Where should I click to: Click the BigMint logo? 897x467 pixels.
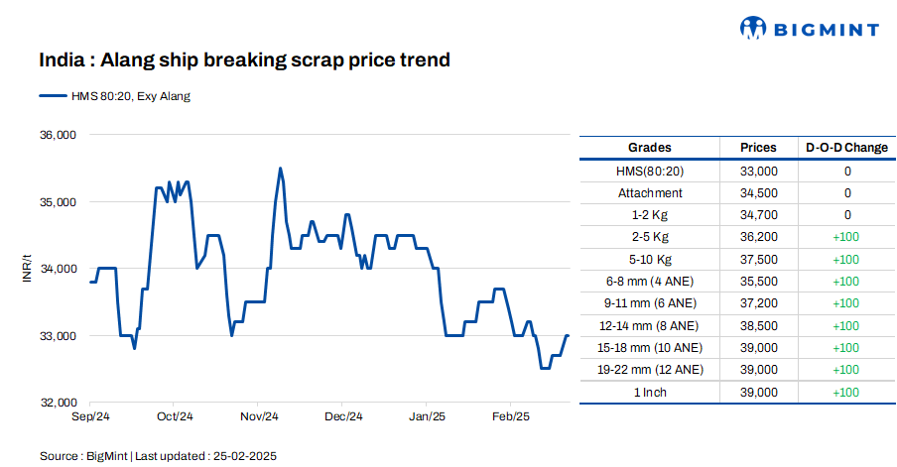coord(810,29)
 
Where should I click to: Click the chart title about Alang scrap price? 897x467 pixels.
coord(244,60)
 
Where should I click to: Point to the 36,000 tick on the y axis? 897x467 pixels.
coord(58,135)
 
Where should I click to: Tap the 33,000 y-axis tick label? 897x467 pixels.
coord(58,336)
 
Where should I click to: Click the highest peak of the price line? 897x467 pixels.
coord(281,169)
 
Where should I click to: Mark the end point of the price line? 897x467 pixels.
coord(568,336)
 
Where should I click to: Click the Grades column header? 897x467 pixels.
coord(650,148)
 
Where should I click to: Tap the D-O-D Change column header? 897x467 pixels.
coord(847,148)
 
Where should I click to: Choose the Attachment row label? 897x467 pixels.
coord(650,192)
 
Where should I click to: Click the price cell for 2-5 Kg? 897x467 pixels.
coord(759,237)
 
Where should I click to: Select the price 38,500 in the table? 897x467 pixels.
coord(759,325)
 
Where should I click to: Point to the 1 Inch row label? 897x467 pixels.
coord(650,393)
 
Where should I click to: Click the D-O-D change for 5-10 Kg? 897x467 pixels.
coord(847,259)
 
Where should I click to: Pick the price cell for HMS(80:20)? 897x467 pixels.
coord(759,171)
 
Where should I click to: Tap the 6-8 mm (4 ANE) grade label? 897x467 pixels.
coord(650,282)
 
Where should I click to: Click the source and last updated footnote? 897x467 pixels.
coord(158,455)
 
